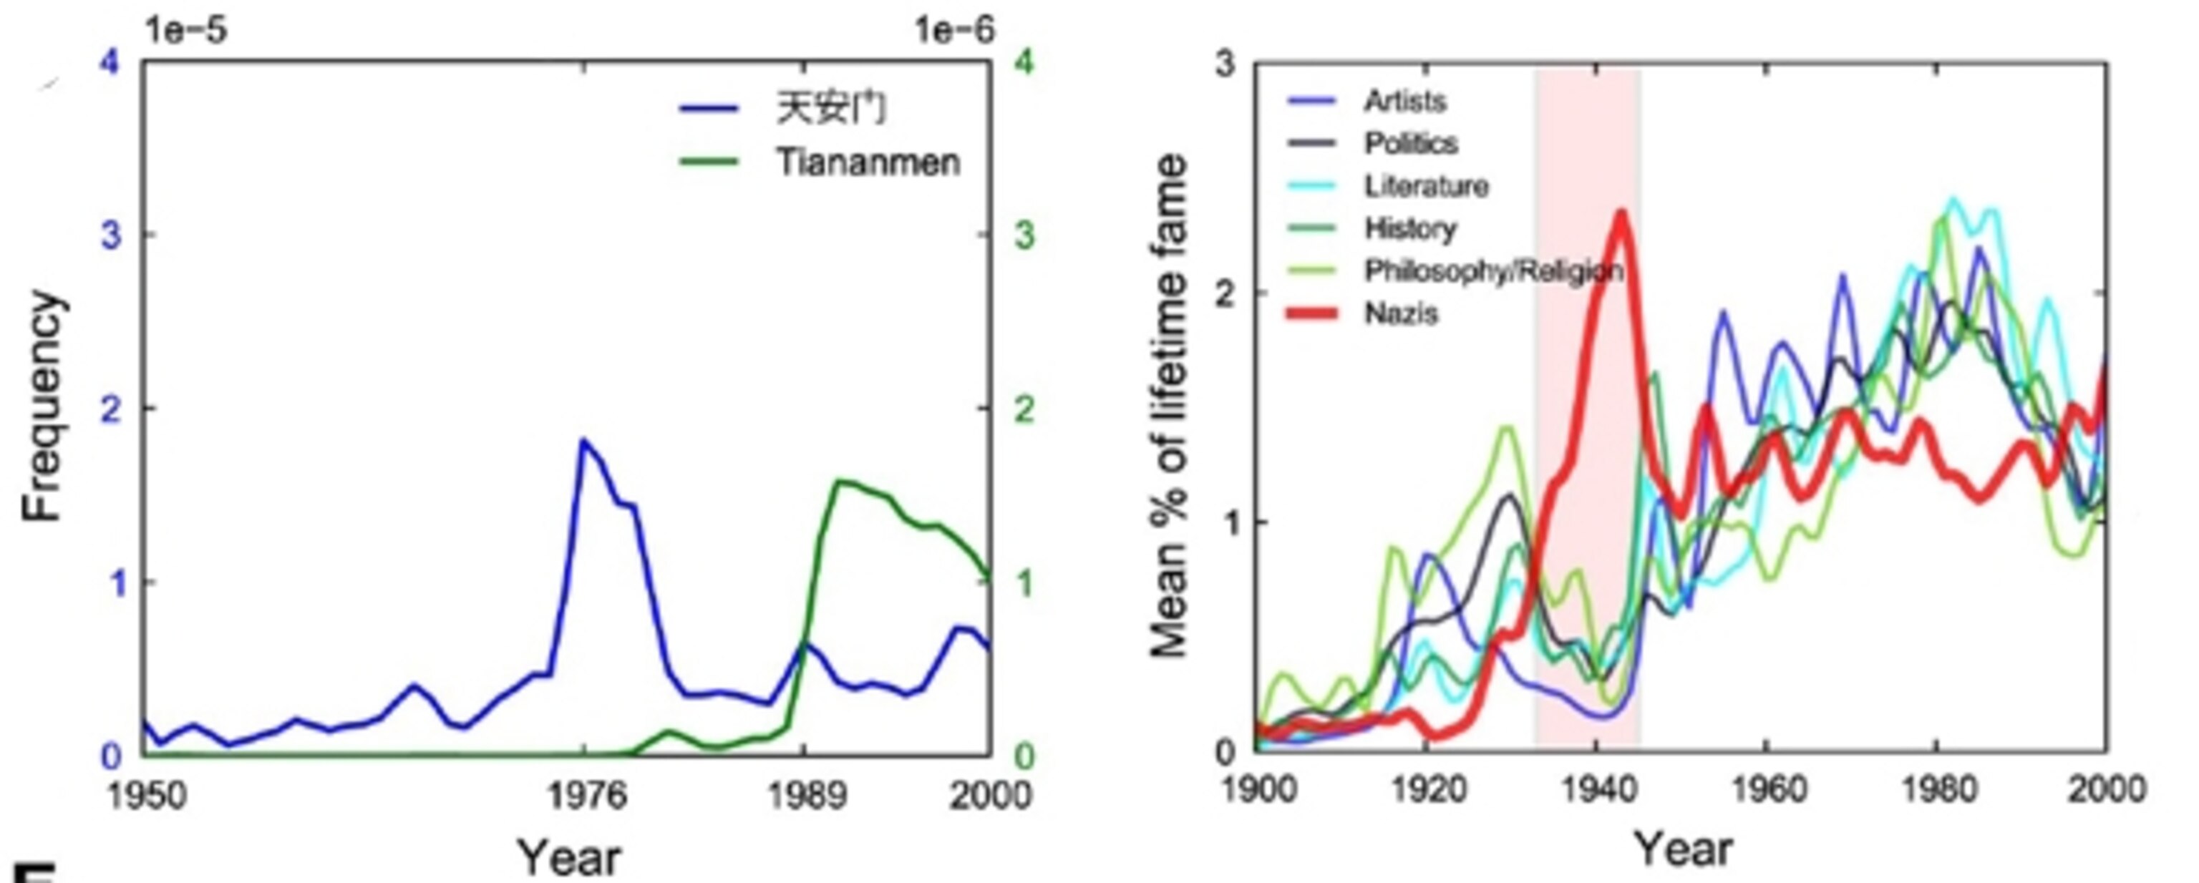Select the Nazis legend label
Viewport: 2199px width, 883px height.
click(1401, 314)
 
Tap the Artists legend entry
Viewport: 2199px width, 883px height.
click(1404, 102)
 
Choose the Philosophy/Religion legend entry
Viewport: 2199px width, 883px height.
click(1493, 271)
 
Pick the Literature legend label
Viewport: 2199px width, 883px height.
click(1426, 186)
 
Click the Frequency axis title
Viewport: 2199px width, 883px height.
click(43, 407)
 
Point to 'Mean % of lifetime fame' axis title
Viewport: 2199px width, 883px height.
click(1170, 407)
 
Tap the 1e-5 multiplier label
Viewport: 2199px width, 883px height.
click(186, 31)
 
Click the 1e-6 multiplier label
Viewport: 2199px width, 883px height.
click(954, 31)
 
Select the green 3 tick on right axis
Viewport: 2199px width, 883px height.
click(1024, 235)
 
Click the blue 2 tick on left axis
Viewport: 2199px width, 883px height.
click(111, 409)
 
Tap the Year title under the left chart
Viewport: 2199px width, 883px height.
click(569, 857)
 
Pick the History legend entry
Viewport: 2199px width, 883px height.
click(1410, 229)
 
